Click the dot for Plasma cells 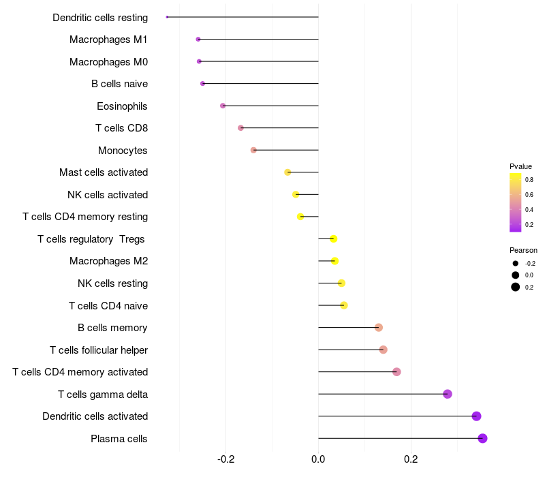[x=482, y=438]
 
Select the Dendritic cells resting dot [x=167, y=17]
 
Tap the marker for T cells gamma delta [x=448, y=394]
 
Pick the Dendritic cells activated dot [x=476, y=416]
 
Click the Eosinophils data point [x=223, y=106]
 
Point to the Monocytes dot [x=253, y=150]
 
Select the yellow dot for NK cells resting [x=341, y=283]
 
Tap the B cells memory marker [x=379, y=328]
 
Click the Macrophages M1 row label [x=108, y=40]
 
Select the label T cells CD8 [x=121, y=128]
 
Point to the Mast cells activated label [x=104, y=172]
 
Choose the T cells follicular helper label [x=99, y=350]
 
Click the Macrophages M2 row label [x=108, y=261]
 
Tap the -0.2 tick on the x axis [x=226, y=459]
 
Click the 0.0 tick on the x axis [x=318, y=459]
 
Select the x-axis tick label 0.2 [x=411, y=459]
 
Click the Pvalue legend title [x=520, y=166]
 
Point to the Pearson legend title [x=523, y=250]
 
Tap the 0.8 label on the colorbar [x=529, y=180]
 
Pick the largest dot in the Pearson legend [x=516, y=287]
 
